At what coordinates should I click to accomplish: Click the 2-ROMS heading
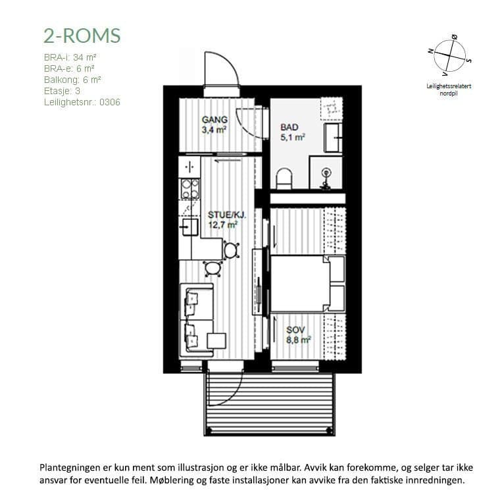coord(82,36)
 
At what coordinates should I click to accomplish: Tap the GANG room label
coord(214,120)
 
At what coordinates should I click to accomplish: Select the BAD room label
coord(290,127)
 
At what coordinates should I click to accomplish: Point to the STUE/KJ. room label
coord(226,215)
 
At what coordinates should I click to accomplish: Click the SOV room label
coord(295,330)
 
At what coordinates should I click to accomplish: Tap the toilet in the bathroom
coord(284,178)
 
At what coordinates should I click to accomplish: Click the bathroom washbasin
coord(333,138)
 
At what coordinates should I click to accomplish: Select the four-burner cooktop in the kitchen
coord(190,188)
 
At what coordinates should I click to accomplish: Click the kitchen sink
coord(189,227)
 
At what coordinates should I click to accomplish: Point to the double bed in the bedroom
coord(308,283)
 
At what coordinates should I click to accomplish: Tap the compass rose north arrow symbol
coord(449,56)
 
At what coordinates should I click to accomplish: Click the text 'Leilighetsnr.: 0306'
coord(82,102)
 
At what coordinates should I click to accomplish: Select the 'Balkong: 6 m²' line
coord(72,80)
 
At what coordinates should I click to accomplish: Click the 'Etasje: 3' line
coord(62,91)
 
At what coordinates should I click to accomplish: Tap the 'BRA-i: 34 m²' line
coord(70,57)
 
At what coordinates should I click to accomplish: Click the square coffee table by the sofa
coord(216,341)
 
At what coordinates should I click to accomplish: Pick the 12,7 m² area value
coord(223,224)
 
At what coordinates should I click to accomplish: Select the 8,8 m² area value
coord(299,340)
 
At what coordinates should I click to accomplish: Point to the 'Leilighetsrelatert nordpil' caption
coord(449,90)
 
